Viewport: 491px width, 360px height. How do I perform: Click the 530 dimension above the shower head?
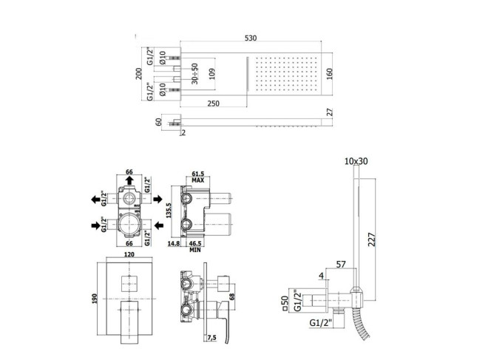[x=250, y=38]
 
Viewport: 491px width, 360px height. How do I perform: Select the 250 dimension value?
[x=213, y=103]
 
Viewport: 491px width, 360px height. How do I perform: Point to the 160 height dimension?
[x=329, y=74]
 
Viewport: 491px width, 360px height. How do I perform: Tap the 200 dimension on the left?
[x=139, y=74]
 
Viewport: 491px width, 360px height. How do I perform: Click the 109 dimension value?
[x=212, y=74]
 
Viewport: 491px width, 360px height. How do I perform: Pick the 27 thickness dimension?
[x=330, y=112]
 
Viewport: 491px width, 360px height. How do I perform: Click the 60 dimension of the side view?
[x=159, y=122]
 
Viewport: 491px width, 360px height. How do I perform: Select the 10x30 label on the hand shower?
[x=356, y=161]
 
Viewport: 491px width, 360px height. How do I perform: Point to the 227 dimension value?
[x=371, y=240]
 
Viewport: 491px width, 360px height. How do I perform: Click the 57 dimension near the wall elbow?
[x=341, y=265]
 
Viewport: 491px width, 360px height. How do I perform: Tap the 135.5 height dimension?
[x=168, y=211]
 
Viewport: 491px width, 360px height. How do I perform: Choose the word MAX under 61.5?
[x=198, y=180]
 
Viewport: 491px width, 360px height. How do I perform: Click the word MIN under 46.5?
[x=195, y=250]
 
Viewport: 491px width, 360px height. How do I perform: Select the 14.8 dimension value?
[x=174, y=243]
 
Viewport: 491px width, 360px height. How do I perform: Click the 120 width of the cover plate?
[x=129, y=254]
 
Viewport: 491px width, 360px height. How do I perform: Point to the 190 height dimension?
[x=95, y=298]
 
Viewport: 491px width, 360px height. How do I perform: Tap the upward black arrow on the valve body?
[x=129, y=180]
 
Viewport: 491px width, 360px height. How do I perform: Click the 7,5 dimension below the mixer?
[x=211, y=338]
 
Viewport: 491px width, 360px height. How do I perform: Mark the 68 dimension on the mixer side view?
[x=232, y=296]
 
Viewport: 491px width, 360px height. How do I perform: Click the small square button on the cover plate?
[x=129, y=284]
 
